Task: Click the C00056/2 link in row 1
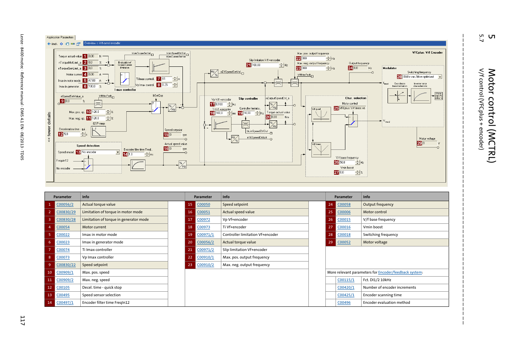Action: (x=65, y=205)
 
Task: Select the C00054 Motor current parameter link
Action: (x=63, y=227)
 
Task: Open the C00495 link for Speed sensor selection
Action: (x=63, y=295)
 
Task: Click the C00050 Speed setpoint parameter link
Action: (x=204, y=205)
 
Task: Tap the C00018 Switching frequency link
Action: (x=344, y=235)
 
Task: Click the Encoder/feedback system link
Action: (x=400, y=272)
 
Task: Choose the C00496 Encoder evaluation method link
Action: (x=344, y=303)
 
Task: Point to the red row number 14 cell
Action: (x=49, y=303)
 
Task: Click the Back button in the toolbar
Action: (x=52, y=44)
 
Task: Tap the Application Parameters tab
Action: (x=60, y=37)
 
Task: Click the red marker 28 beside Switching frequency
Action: (x=399, y=77)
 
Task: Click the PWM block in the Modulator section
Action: (x=438, y=96)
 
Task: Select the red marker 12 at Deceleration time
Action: (x=61, y=134)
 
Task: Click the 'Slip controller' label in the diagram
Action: (x=248, y=98)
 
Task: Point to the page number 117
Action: (x=23, y=320)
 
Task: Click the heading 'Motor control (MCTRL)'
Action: (x=492, y=115)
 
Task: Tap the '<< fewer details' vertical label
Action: (x=49, y=127)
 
